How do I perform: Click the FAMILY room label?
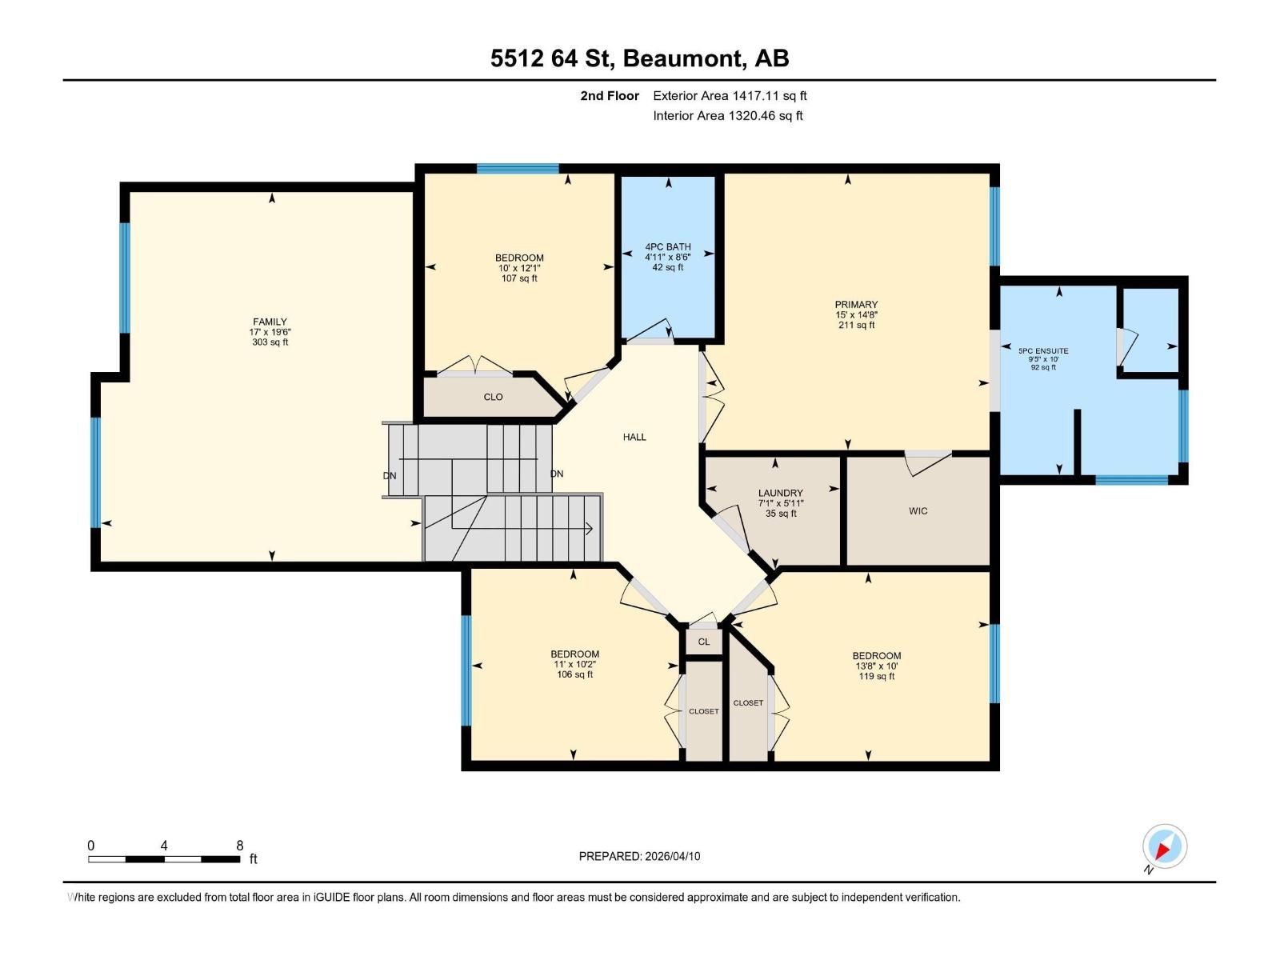tap(270, 322)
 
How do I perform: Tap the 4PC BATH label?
tap(668, 246)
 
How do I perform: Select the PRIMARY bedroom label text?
tap(856, 304)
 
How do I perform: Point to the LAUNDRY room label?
tap(780, 493)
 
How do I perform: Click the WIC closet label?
tap(918, 510)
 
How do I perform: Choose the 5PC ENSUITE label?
tap(1043, 350)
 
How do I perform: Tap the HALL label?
tap(634, 437)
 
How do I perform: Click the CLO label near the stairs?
tap(493, 397)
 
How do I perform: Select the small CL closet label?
tap(704, 642)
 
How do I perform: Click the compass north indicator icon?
tap(1164, 846)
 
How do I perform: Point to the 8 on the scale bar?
tap(239, 845)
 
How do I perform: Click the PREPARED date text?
tap(639, 856)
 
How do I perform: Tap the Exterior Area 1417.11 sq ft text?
tap(730, 95)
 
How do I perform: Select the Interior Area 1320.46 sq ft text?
tap(727, 115)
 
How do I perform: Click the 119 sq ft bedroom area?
tap(876, 676)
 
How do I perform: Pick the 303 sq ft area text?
tap(270, 342)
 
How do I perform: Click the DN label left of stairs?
tap(390, 475)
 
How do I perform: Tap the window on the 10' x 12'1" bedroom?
tap(517, 168)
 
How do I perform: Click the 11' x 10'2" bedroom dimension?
tap(574, 664)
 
